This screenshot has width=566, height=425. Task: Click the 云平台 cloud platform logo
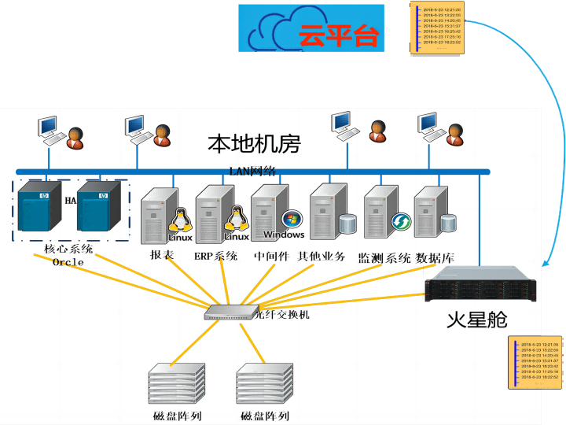[x=312, y=28]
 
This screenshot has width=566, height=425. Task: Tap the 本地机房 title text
[x=254, y=143]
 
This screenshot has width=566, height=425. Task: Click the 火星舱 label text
[x=476, y=320]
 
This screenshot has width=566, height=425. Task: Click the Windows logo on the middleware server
[x=292, y=220]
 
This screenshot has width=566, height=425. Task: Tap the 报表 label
[x=162, y=255]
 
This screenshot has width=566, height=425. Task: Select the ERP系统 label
[x=215, y=256]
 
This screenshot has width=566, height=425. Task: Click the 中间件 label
[x=271, y=256]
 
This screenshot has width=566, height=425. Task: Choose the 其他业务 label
[x=321, y=256]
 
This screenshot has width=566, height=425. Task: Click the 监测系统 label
[x=384, y=257]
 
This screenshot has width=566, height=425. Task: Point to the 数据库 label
[x=435, y=257]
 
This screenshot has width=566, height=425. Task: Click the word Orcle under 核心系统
[x=68, y=262]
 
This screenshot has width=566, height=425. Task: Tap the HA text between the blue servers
[x=71, y=201]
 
